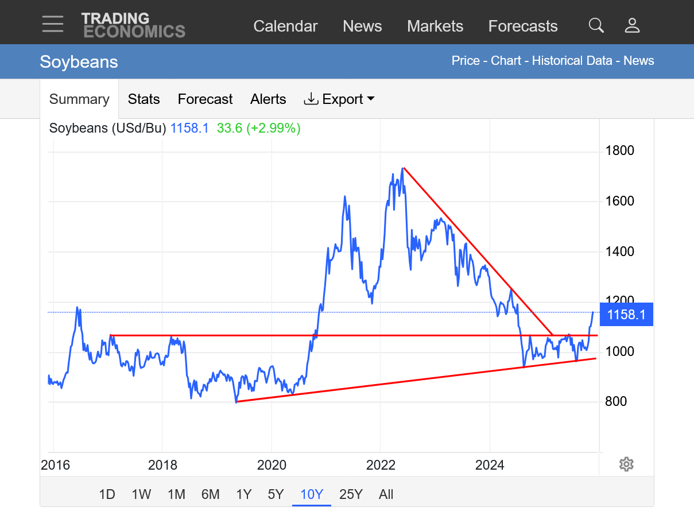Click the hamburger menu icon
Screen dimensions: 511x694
[x=53, y=24]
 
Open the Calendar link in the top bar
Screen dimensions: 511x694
[x=285, y=26]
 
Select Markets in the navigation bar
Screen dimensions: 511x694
[x=435, y=26]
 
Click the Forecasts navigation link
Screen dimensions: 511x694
[x=522, y=26]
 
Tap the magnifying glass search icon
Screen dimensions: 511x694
[x=596, y=25]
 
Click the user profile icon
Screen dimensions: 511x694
[x=632, y=25]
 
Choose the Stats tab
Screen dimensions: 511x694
[x=144, y=99]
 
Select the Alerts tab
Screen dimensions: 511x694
[x=268, y=99]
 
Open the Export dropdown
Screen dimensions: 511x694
[x=339, y=99]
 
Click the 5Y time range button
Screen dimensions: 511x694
[x=276, y=494]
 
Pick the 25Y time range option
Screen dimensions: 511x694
[x=351, y=494]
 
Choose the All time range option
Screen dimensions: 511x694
[x=386, y=494]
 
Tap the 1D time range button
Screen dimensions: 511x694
[x=107, y=494]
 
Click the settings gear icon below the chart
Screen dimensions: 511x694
[x=626, y=464]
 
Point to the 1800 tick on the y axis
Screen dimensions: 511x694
[x=620, y=151]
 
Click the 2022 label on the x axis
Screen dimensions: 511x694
[x=381, y=465]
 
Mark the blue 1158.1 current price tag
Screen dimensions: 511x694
[x=626, y=315]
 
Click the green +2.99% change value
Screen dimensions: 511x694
[x=273, y=129]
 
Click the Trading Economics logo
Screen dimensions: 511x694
[x=133, y=25]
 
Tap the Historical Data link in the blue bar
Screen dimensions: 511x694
[x=572, y=61]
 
